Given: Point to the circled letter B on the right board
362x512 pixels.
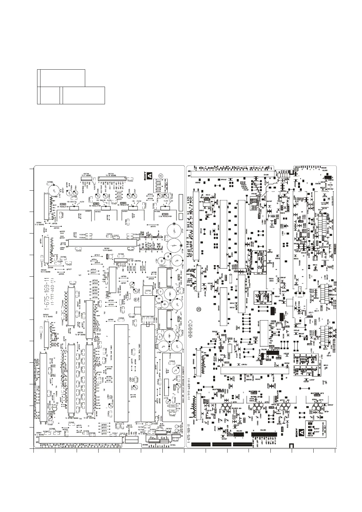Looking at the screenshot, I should click(x=198, y=310).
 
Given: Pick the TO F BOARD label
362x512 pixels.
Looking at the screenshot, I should click(x=86, y=175).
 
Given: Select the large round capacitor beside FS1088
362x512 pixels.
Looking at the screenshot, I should click(x=54, y=191).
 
